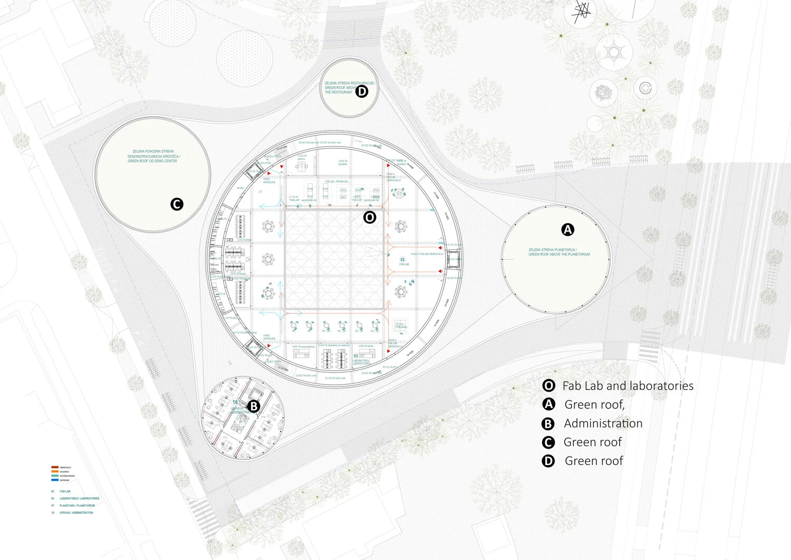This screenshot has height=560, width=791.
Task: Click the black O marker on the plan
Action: pos(370,217)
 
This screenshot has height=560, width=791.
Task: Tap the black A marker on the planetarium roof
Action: pos(567,230)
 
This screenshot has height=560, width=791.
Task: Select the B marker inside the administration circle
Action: pos(254,406)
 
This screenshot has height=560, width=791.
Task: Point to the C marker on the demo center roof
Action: pos(177,204)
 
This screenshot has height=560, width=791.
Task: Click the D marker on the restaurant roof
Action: pos(361,91)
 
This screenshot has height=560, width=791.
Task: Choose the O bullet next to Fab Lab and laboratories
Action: pos(548,386)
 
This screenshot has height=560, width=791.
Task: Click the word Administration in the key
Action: pos(603,423)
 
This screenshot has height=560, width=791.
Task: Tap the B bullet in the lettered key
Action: pos(548,423)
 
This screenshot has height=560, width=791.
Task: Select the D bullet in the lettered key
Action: pos(548,461)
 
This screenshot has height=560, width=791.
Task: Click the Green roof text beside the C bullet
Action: pos(593,442)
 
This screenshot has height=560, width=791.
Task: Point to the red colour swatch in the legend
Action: pos(54,467)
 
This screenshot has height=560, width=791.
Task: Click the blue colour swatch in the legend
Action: pos(54,480)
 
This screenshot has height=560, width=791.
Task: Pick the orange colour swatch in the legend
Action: pos(54,471)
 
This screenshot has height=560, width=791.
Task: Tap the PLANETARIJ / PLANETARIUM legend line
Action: pos(77,506)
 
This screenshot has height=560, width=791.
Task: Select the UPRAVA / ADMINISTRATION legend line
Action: pos(76,512)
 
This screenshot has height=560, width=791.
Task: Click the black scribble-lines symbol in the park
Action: pos(581,12)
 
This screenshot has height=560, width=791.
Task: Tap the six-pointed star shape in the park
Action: pos(614,52)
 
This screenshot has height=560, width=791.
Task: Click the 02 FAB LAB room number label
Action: pos(403,261)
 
